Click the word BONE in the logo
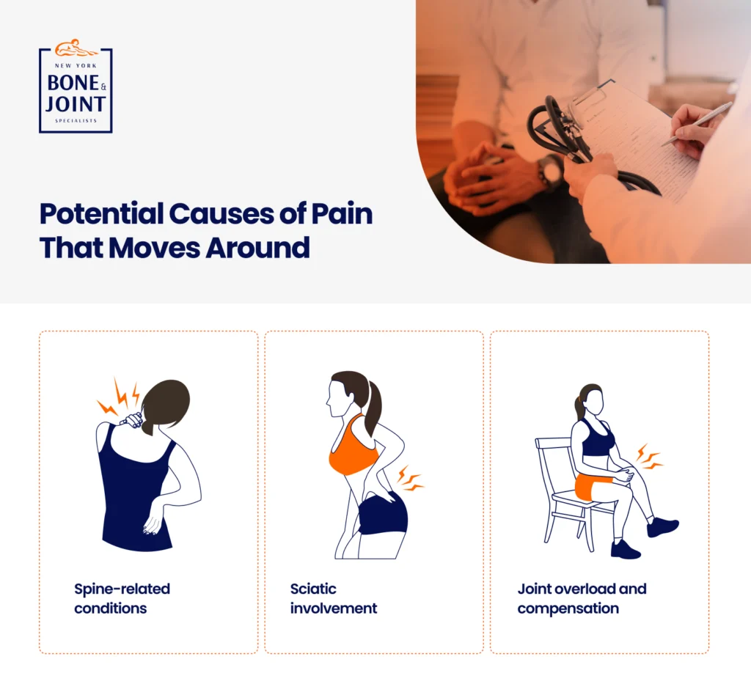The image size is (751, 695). click(x=73, y=83)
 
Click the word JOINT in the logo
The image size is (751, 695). click(x=76, y=104)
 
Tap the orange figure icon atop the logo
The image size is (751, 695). click(x=76, y=48)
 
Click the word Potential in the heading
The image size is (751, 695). click(x=101, y=213)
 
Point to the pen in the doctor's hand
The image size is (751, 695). click(x=697, y=123)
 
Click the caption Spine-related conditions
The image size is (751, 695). click(x=122, y=598)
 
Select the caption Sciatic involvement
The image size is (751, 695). click(x=334, y=598)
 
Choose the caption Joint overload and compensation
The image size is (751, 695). click(x=582, y=598)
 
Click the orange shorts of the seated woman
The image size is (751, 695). click(x=593, y=488)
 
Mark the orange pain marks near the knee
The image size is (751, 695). click(x=650, y=457)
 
